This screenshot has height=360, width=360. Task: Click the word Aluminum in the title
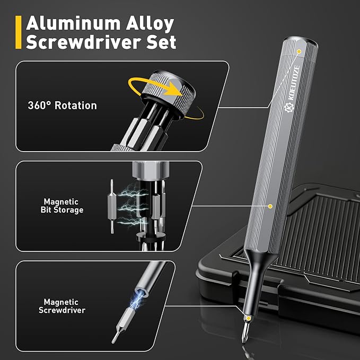[x=73, y=23]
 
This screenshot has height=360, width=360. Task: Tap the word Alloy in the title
[x=150, y=24]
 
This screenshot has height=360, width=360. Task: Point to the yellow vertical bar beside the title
[x=19, y=32]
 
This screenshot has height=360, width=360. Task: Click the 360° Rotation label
[x=62, y=106]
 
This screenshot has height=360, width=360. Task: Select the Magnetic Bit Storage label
[x=62, y=206]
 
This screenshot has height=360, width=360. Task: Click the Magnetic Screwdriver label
[x=62, y=306]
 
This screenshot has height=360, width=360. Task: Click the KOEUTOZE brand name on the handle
[x=294, y=83]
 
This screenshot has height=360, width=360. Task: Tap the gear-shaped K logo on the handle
[x=289, y=108]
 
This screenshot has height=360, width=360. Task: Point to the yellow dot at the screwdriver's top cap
[x=299, y=51]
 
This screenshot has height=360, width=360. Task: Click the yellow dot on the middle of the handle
[x=270, y=206]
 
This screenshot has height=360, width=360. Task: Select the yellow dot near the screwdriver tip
[x=249, y=318]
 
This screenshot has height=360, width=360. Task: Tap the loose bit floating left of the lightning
[x=112, y=206]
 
